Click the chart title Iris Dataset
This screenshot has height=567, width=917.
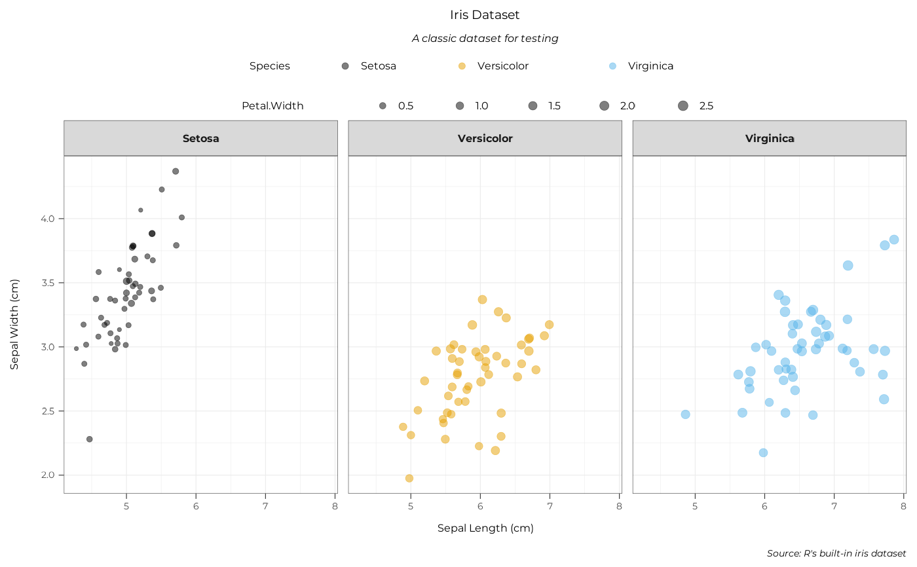click(x=485, y=14)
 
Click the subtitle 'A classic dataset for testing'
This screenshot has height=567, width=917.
click(x=485, y=39)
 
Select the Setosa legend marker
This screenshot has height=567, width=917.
click(x=345, y=66)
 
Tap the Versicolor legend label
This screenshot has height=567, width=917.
click(x=502, y=66)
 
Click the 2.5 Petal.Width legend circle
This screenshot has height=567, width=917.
click(x=683, y=106)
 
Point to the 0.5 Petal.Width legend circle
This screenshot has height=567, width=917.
click(x=383, y=106)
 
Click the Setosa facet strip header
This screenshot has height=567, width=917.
click(x=200, y=138)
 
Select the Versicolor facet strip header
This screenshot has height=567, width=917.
click(x=485, y=138)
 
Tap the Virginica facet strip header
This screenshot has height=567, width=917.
click(x=770, y=138)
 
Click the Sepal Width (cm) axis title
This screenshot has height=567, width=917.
click(x=14, y=324)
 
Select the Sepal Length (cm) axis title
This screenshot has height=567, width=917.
click(x=485, y=528)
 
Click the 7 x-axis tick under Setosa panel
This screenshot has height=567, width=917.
click(x=265, y=505)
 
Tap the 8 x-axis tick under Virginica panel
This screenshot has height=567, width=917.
click(x=903, y=505)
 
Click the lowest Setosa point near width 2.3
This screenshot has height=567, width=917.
click(x=89, y=439)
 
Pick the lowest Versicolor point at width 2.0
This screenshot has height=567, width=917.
click(x=409, y=479)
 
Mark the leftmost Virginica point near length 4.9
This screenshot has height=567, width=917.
click(x=685, y=414)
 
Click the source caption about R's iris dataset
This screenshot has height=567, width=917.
click(x=836, y=553)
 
